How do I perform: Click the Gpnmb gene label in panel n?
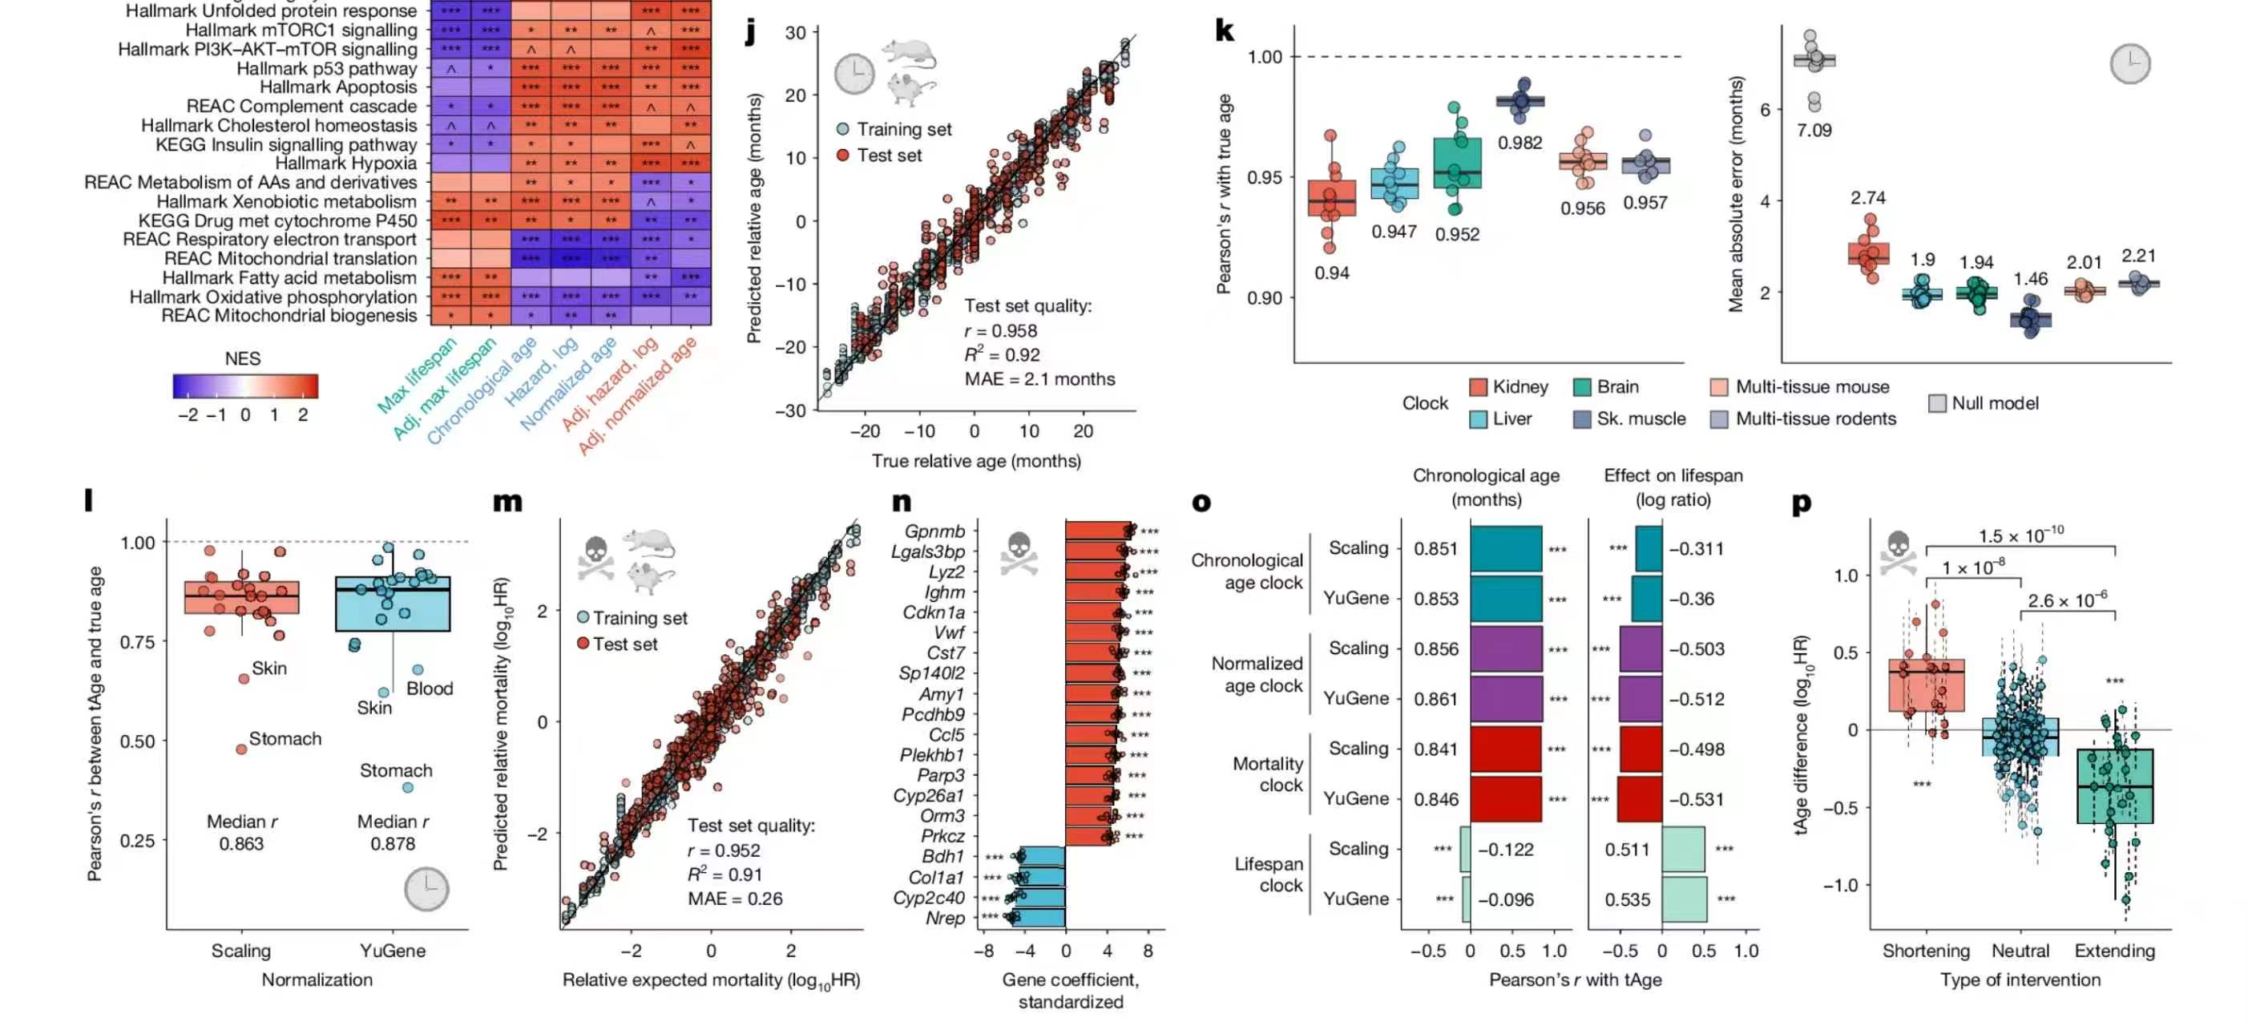pyautogui.click(x=934, y=532)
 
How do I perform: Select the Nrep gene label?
pyautogui.click(x=945, y=919)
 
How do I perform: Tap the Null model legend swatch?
pyautogui.click(x=1937, y=404)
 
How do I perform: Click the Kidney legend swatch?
pyautogui.click(x=1479, y=387)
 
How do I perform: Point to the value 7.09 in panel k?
pyautogui.click(x=1814, y=131)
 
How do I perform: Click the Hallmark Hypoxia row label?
pyautogui.click(x=346, y=164)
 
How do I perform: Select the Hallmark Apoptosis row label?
pyautogui.click(x=338, y=87)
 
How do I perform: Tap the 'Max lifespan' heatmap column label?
pyautogui.click(x=417, y=375)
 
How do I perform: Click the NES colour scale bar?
pyautogui.click(x=245, y=386)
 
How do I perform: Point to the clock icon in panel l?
pyautogui.click(x=426, y=890)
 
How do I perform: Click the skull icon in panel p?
pyautogui.click(x=1898, y=553)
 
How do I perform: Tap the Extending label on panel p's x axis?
pyautogui.click(x=2114, y=951)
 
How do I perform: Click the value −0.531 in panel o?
pyautogui.click(x=1697, y=800)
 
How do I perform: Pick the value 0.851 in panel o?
pyautogui.click(x=1436, y=549)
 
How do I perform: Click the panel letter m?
pyautogui.click(x=508, y=502)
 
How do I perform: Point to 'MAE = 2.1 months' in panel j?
pyautogui.click(x=1039, y=379)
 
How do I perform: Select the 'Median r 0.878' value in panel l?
pyautogui.click(x=393, y=833)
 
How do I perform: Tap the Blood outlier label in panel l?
pyautogui.click(x=430, y=689)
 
